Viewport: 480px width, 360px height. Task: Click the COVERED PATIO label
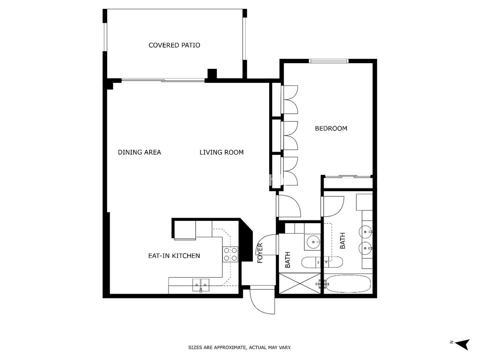pos(174,45)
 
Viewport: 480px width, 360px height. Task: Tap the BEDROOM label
pos(331,128)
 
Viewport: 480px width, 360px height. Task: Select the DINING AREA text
pos(139,152)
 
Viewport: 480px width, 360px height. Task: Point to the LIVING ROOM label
pos(222,152)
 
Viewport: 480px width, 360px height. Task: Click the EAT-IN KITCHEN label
pos(174,256)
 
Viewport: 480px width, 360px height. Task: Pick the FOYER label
pos(260,253)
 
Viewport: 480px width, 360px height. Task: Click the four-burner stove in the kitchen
pos(230,254)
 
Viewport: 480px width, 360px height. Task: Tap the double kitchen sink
pos(201,285)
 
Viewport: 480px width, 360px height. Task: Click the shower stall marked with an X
pos(300,283)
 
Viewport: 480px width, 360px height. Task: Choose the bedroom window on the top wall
pos(328,61)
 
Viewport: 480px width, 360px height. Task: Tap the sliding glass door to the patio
pos(163,80)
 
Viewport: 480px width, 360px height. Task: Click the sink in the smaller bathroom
pos(313,242)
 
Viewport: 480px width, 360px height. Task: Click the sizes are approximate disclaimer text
pos(240,347)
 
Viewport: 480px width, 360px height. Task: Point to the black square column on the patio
pos(212,74)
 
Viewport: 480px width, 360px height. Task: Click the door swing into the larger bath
pos(333,206)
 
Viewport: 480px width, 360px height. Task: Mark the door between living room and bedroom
pos(288,206)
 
